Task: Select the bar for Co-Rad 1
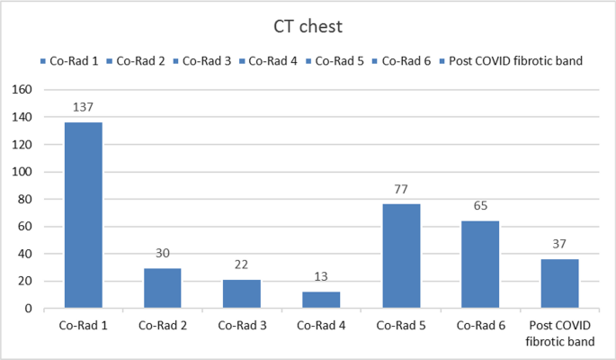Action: (83, 215)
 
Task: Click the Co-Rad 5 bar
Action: (400, 256)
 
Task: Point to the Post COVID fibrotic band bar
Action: (559, 283)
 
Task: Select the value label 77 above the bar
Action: (400, 190)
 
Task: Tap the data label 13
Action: (321, 277)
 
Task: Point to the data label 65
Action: (479, 206)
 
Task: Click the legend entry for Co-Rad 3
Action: (206, 61)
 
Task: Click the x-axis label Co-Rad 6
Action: (479, 326)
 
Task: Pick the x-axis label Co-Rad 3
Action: (241, 326)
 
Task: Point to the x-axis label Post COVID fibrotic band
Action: (559, 333)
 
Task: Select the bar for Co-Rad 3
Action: (241, 293)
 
